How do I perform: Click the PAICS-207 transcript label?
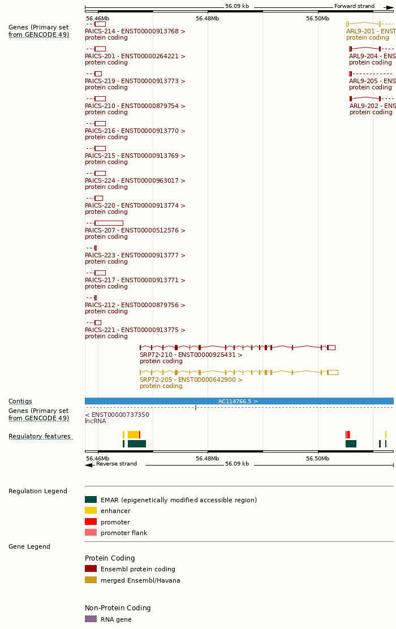coord(135,230)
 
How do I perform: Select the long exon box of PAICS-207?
coord(109,223)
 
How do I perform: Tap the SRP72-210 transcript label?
coord(191,355)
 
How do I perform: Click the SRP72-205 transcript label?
coord(191,380)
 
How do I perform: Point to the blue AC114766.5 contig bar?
coord(239,401)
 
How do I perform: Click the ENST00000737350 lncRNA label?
coord(117,415)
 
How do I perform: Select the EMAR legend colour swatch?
coord(91,499)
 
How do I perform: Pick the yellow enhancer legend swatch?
coord(91,510)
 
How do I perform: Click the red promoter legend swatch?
coord(91,522)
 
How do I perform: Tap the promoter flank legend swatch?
coord(91,532)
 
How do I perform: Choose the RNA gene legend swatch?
coord(91,619)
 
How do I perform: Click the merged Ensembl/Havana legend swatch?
coord(91,580)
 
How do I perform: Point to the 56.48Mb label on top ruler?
coord(207,18)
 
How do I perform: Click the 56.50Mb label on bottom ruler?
coord(317,458)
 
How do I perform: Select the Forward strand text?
coord(354,6)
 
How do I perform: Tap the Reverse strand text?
coord(117,464)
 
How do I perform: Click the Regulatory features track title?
coord(40,436)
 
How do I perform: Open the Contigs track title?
coord(20,401)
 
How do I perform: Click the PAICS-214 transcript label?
coord(135,31)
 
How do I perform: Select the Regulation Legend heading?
coord(38,491)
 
